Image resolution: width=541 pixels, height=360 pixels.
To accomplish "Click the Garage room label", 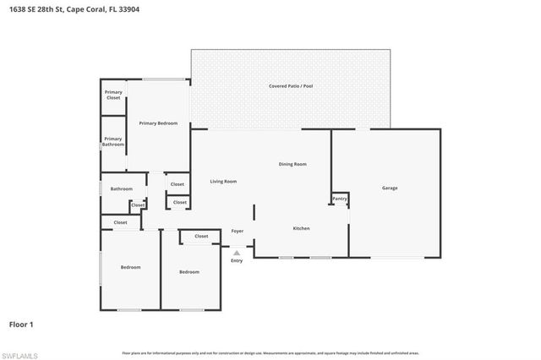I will [389, 188].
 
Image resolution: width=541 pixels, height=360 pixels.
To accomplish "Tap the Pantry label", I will [339, 199].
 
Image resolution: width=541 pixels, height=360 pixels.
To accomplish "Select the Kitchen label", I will [302, 228].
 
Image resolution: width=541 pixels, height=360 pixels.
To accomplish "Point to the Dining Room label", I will [292, 164].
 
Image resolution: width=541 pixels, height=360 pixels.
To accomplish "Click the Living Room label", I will [223, 181].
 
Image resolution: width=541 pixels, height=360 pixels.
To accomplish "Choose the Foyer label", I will [238, 231].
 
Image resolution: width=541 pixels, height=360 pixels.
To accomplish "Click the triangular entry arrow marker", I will [237, 252].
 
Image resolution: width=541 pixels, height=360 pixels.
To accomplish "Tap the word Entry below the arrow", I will [237, 260].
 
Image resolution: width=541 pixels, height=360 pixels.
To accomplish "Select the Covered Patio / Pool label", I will [291, 86].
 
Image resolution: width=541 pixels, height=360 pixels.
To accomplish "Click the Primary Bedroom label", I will [158, 123].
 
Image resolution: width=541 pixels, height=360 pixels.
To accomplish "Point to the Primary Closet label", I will [113, 95].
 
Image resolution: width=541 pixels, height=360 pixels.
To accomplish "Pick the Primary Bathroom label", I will [113, 141].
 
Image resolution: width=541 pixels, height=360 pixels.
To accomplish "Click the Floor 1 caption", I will [21, 324].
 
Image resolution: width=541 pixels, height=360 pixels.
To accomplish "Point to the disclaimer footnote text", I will [270, 352].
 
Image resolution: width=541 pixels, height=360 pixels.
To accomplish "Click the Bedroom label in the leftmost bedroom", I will [130, 267].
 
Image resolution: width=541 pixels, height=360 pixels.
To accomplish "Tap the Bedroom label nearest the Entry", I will [189, 271].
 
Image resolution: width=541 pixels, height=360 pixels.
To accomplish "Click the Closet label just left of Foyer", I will [201, 236].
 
